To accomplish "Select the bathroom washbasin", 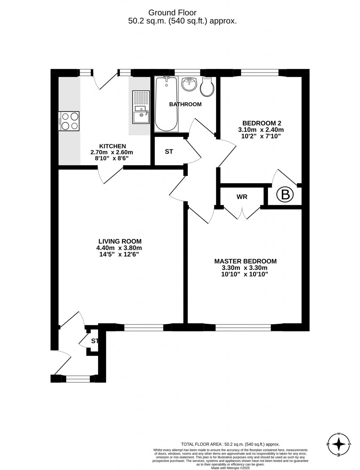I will click(x=190, y=84).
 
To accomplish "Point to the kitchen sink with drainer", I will click(x=141, y=107).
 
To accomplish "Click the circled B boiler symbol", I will click(x=285, y=195).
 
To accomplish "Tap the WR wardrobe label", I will click(x=242, y=197).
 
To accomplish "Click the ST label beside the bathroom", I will click(x=169, y=151).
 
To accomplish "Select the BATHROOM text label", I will click(x=185, y=104).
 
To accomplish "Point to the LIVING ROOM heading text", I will click(x=119, y=241).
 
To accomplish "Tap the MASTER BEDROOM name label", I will click(x=245, y=261).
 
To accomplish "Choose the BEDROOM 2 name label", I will click(x=262, y=123).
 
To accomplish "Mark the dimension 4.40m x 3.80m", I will click(x=119, y=248).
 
